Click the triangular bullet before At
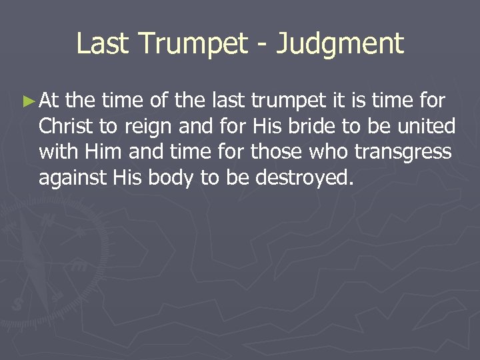coord(27,102)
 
